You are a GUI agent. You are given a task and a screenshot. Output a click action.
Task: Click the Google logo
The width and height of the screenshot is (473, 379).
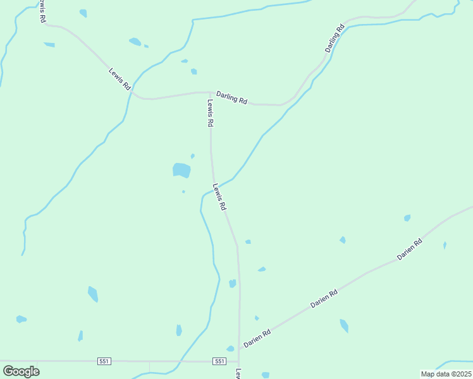coord(21,371)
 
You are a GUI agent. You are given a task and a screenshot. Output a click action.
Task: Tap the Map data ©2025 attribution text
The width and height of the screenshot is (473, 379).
coord(446,374)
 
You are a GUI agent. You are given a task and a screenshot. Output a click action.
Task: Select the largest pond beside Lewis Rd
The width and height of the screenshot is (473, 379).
coord(181,170)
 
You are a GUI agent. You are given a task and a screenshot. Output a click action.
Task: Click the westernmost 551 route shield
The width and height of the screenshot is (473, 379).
coord(104,361)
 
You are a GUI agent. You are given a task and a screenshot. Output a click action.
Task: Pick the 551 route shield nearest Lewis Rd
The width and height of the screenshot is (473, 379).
coord(219,361)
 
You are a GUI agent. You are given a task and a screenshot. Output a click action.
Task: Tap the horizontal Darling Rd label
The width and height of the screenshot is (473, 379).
coord(231,97)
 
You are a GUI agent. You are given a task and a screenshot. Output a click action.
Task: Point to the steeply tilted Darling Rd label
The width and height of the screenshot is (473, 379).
coord(335,39)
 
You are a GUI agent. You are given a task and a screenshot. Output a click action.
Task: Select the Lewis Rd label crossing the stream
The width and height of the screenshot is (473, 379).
coord(219,196)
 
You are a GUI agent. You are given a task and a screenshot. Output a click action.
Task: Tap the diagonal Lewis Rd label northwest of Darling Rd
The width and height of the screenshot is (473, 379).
coord(118,76)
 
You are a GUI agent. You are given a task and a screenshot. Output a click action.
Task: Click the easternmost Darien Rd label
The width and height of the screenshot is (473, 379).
coord(409,250)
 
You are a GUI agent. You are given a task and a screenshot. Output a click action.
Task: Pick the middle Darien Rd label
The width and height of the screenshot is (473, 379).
coord(324,298)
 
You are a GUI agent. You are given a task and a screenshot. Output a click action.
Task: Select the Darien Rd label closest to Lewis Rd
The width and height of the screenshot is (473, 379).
coord(257,338)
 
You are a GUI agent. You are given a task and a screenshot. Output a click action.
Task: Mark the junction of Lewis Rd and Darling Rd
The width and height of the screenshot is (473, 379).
coord(210,92)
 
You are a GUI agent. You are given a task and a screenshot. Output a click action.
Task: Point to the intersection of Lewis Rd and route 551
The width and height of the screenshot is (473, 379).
coord(240,362)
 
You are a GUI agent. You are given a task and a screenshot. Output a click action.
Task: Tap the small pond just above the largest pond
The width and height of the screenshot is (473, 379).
coord(192,155)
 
